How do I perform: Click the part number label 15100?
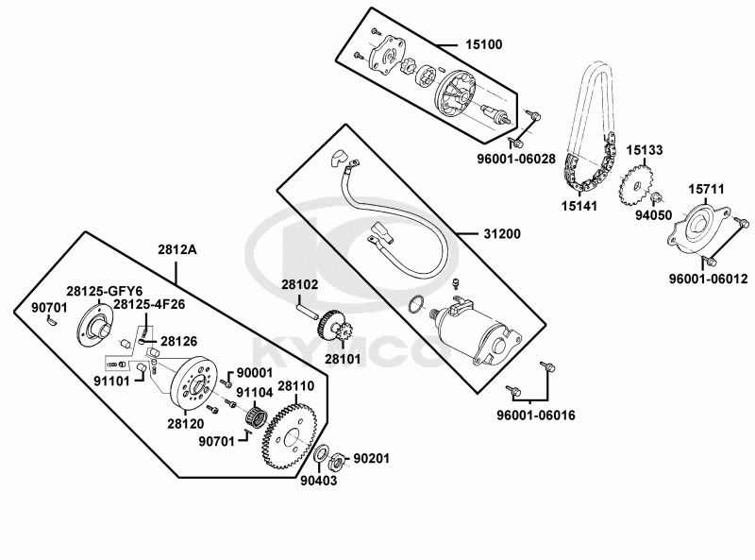[483, 44]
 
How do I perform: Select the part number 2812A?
[176, 250]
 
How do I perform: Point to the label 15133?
[645, 150]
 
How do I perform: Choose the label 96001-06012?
[709, 280]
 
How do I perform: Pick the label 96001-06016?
[536, 415]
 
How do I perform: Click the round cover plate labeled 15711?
[703, 226]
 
